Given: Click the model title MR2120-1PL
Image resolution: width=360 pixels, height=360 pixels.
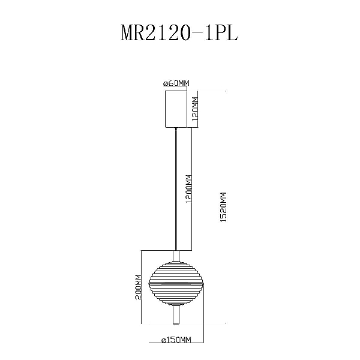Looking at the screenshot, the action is pos(179,32).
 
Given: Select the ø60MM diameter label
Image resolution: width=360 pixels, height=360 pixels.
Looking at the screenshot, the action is pos(176,83).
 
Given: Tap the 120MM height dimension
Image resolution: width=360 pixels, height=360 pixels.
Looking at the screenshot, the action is pos(195,109).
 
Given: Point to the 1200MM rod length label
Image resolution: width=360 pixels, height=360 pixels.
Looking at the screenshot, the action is pos(189,189).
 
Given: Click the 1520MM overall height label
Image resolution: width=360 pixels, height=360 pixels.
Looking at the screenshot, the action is pos(223,208).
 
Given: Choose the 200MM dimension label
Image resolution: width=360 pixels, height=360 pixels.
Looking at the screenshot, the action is pos(138,287).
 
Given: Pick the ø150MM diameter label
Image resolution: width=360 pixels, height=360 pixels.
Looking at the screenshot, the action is pos(176,340).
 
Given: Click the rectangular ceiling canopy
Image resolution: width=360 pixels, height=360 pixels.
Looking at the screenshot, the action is pos(176,109).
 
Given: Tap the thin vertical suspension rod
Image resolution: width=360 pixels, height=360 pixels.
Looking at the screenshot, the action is pos(176,189).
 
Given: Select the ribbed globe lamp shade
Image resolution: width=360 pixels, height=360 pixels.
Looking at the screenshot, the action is pos(176,283).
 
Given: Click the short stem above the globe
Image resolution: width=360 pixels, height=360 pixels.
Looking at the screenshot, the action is pos(176,256).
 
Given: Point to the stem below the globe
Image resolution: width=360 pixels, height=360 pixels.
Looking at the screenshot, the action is pos(176,314).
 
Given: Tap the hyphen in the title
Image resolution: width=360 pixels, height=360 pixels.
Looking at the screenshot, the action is pos(197,34).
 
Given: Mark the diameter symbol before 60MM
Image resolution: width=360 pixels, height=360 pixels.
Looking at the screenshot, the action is pos(166,84).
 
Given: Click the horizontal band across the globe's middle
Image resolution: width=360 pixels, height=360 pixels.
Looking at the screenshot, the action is pos(176,283).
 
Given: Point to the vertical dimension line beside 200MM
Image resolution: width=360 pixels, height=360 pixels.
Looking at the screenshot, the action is pos(141,287).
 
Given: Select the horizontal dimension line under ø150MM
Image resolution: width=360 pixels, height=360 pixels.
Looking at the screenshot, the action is pos(176,343).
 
